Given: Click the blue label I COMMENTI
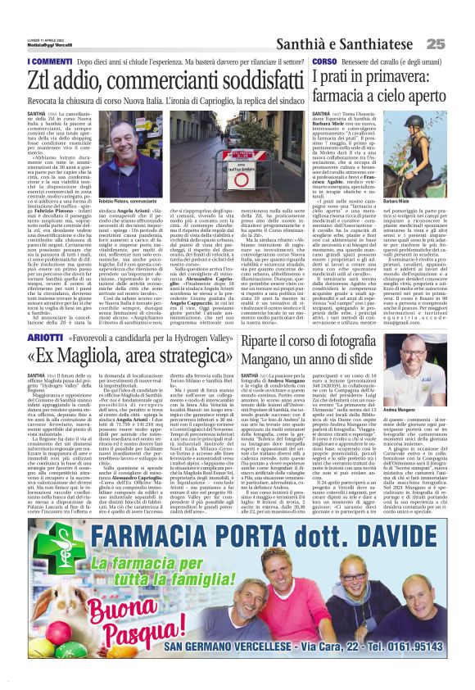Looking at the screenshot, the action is click(48, 61).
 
